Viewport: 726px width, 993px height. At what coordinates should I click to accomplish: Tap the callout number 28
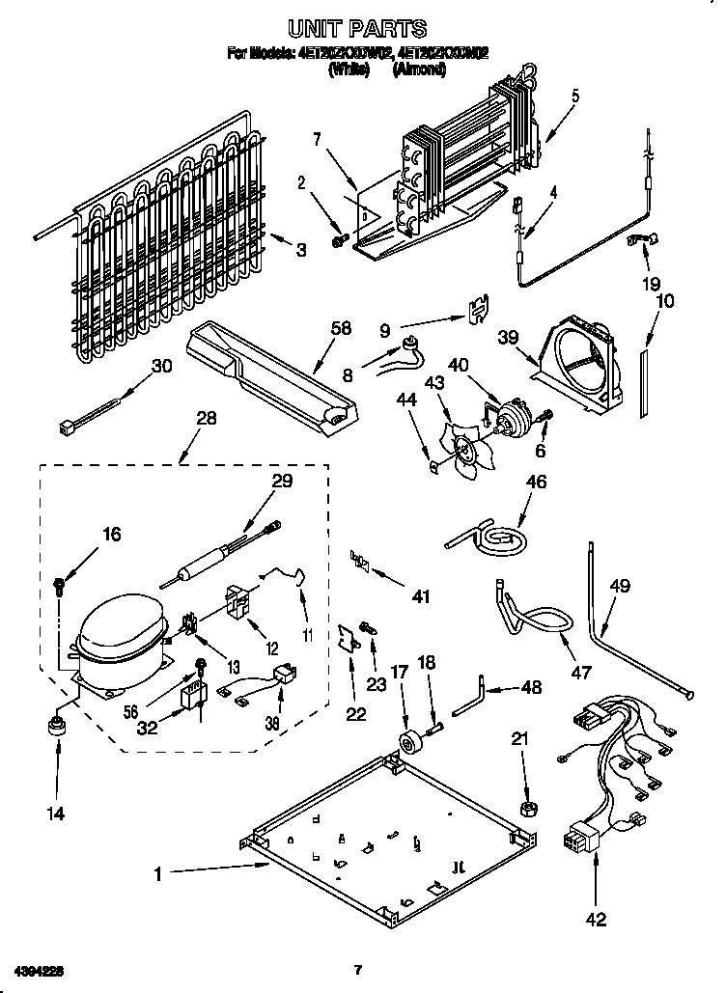[x=205, y=418]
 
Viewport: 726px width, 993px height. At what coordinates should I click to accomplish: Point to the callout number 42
[x=596, y=920]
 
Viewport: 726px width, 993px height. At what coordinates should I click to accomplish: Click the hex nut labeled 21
[x=530, y=806]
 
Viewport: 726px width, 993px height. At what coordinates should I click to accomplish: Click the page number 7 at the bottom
[x=357, y=969]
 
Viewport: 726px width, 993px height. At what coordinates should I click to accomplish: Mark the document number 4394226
[x=39, y=969]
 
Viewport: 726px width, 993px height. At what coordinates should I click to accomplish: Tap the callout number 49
[x=620, y=585]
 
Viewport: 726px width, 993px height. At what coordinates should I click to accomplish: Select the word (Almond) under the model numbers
[x=419, y=69]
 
